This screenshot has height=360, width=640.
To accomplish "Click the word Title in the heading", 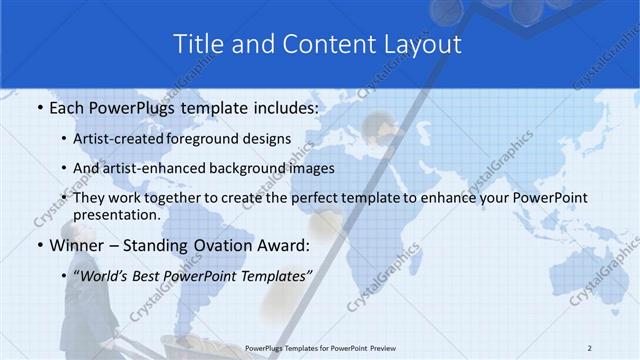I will click(197, 44).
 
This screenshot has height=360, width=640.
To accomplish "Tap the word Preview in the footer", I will click(391, 347).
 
